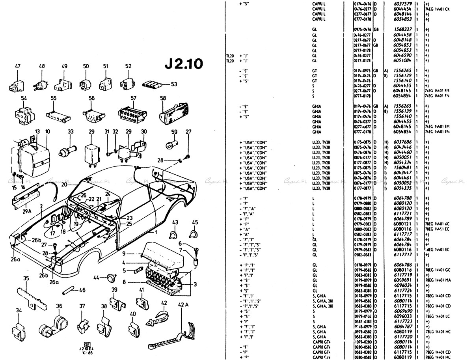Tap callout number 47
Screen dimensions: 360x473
[x=18, y=66]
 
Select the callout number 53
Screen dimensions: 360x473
[x=174, y=84]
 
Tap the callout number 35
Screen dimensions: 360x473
[x=26, y=279]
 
